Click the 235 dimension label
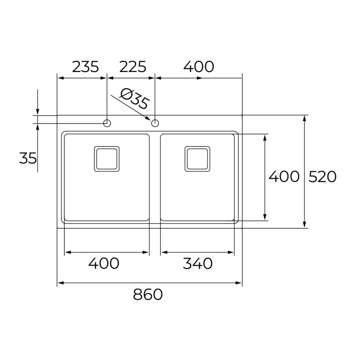tap(85, 67)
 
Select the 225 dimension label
tap(133, 67)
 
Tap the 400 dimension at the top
tap(199, 67)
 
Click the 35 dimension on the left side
tap(28, 158)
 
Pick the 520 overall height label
tap(322, 177)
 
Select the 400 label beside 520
tap(284, 177)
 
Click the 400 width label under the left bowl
tap(104, 263)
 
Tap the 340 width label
tap(198, 263)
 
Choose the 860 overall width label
tap(148, 294)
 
